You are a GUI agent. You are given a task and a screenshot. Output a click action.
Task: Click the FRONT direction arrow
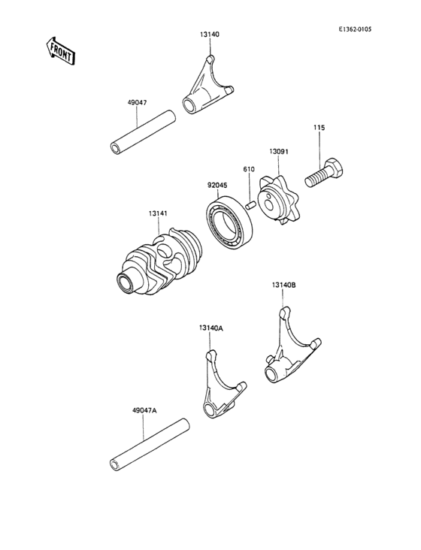point(60,51)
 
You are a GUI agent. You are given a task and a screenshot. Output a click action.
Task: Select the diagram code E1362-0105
point(355,29)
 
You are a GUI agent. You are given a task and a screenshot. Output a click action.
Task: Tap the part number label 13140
point(210,35)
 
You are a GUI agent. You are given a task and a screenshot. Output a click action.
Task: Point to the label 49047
point(137,103)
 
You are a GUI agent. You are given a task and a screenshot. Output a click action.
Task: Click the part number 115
point(320,128)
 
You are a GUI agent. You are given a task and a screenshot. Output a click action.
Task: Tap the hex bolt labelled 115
point(326,173)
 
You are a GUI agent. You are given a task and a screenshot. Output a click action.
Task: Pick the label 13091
point(279,152)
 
